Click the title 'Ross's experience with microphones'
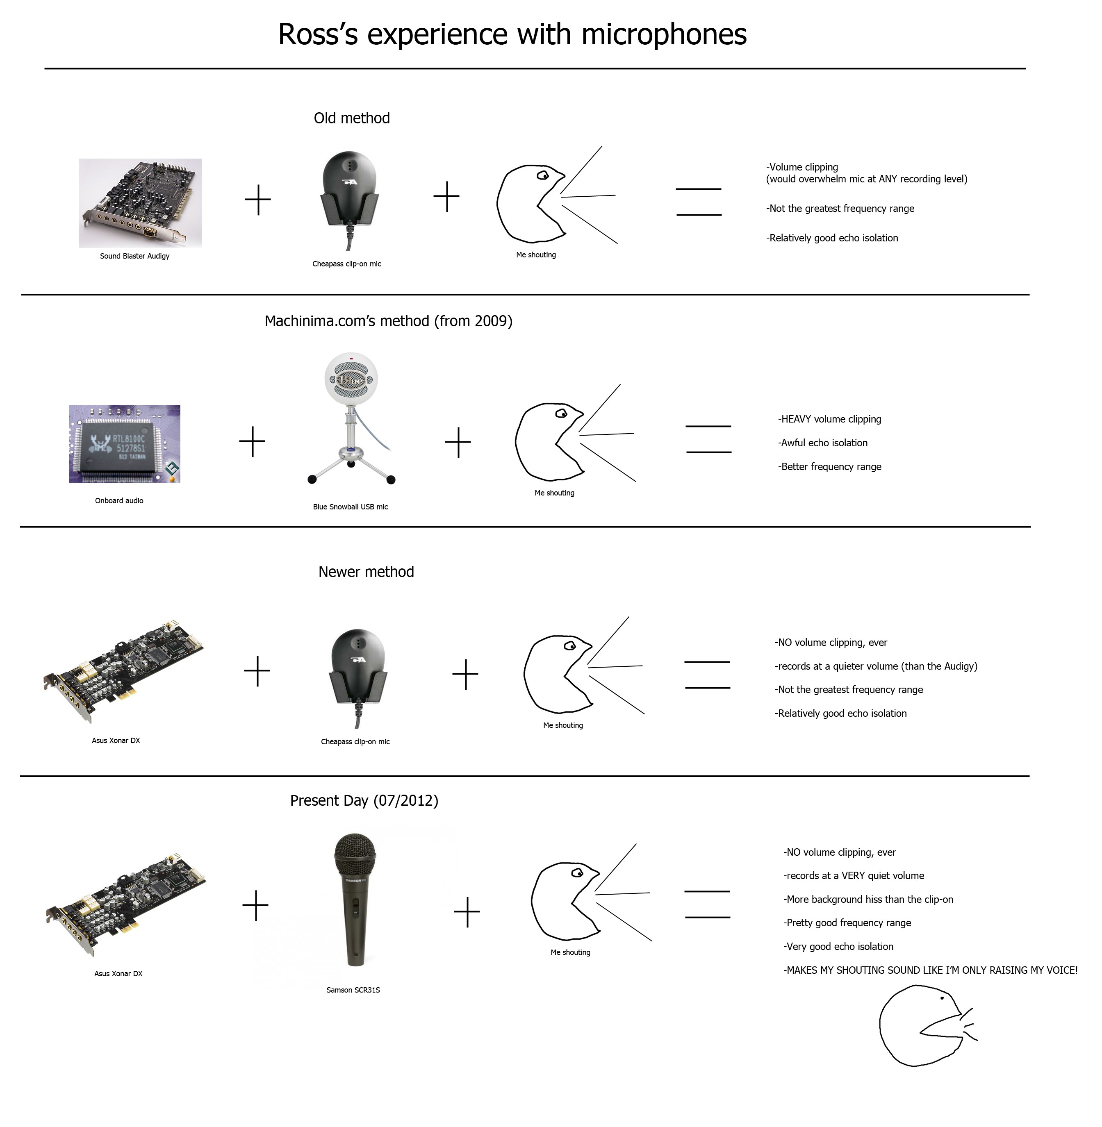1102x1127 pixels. click(x=512, y=35)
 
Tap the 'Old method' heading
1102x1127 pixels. click(x=352, y=118)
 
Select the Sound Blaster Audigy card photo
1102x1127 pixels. click(x=140, y=203)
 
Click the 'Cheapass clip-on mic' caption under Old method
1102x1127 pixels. click(x=347, y=264)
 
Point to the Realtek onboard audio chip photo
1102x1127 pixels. click(x=125, y=444)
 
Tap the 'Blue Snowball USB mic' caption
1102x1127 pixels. click(x=350, y=507)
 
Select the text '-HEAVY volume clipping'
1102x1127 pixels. click(x=829, y=419)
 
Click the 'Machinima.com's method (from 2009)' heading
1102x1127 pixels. click(x=388, y=321)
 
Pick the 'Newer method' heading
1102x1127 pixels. click(x=367, y=572)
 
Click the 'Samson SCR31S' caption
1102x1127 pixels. click(x=353, y=990)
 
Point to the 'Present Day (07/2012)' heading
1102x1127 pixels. click(x=364, y=801)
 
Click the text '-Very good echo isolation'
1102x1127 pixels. click(x=838, y=947)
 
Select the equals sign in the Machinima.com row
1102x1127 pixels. click(x=708, y=439)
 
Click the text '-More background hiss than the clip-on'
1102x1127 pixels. click(x=868, y=900)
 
